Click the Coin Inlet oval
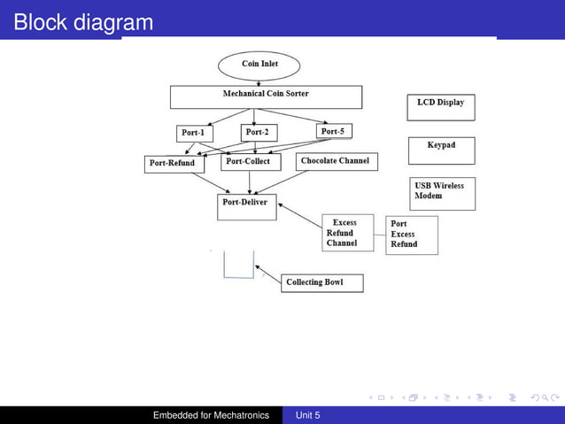259,65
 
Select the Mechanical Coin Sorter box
266,96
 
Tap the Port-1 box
192,134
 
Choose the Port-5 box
333,132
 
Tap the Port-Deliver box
247,206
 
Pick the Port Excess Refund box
411,235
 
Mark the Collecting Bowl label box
321,283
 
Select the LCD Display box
441,107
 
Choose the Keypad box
441,150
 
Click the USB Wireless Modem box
441,194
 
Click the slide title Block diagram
83,22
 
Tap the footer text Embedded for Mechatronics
211,415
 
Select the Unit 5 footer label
307,415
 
